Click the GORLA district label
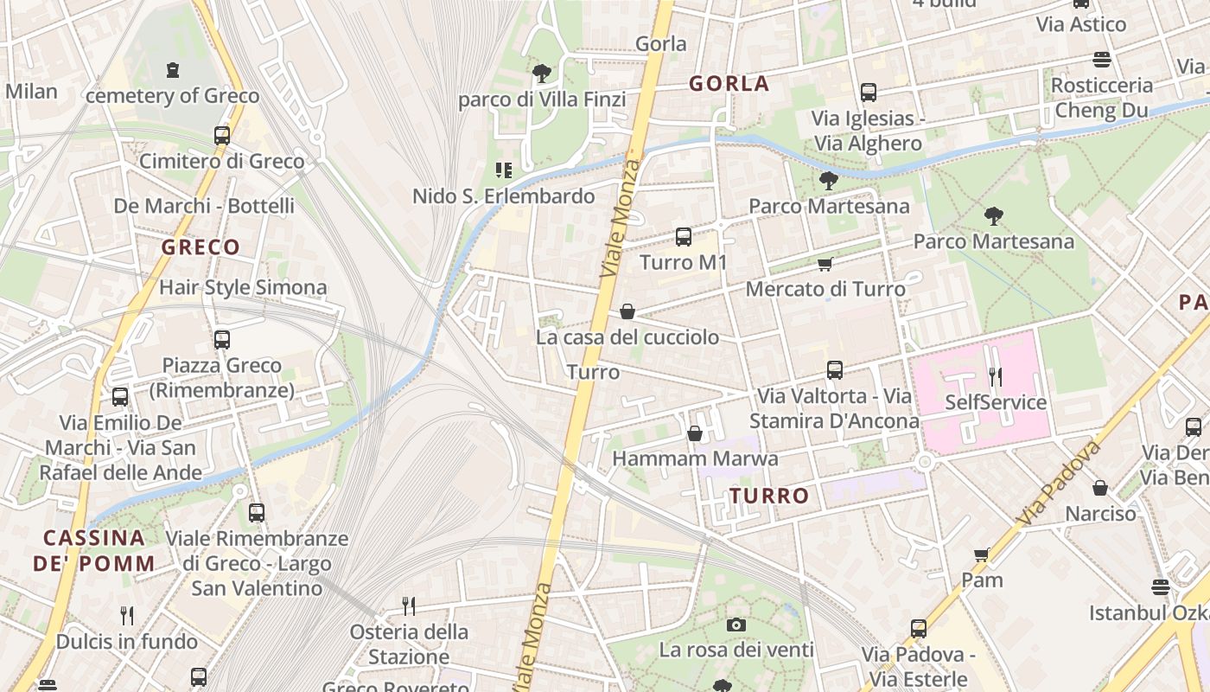click(x=729, y=84)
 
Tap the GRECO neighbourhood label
click(x=201, y=247)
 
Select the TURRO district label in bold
click(x=769, y=497)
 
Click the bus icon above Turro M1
click(x=684, y=236)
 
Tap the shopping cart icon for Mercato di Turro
click(x=825, y=264)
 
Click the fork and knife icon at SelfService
click(x=996, y=376)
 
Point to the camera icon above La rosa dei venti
click(x=736, y=625)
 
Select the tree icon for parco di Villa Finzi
click(x=542, y=73)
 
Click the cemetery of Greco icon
click(x=173, y=69)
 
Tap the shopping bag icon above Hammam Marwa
click(x=695, y=433)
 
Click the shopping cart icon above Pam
click(x=981, y=554)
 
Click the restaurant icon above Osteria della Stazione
click(x=409, y=605)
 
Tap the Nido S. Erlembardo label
click(x=503, y=196)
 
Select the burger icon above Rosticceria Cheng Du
click(x=1102, y=60)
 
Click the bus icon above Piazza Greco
click(x=222, y=339)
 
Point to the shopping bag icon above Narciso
click(x=1100, y=488)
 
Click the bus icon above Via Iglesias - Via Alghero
click(x=869, y=93)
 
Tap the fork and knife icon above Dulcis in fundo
click(x=127, y=615)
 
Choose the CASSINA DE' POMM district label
click(x=94, y=551)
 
